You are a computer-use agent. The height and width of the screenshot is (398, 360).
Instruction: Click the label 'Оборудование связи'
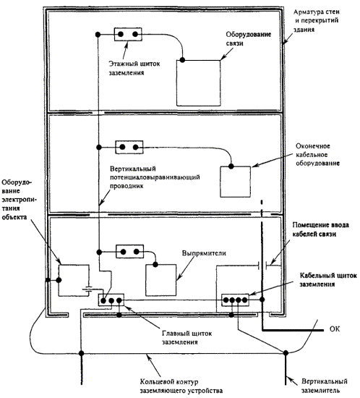249,38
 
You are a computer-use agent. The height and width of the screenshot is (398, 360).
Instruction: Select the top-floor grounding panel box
128,34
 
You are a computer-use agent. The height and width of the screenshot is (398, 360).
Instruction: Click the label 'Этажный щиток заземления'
134,68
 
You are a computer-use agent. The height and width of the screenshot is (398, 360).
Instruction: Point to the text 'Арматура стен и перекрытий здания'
317,20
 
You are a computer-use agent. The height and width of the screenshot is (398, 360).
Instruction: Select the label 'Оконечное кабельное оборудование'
317,155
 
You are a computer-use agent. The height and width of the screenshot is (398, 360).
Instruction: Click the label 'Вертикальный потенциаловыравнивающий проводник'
155,177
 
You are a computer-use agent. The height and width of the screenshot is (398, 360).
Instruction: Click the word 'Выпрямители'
204,253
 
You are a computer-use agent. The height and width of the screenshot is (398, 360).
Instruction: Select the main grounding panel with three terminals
111,300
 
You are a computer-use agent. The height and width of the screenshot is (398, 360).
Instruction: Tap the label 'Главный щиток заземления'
187,338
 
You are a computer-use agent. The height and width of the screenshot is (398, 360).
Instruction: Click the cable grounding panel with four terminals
235,300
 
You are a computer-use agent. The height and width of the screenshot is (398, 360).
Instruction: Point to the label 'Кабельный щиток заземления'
328,280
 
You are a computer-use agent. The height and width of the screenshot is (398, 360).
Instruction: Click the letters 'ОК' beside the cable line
335,329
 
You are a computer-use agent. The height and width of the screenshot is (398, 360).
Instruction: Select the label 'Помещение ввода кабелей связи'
321,229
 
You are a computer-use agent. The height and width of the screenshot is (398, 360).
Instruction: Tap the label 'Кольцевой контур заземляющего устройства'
181,386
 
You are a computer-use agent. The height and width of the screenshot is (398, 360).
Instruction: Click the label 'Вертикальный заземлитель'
325,386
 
